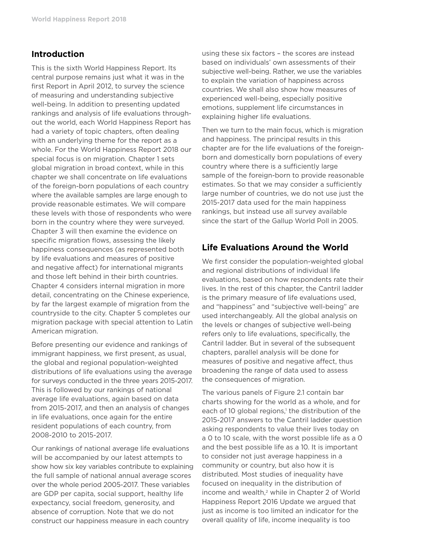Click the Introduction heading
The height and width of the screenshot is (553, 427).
pyautogui.click(x=58, y=54)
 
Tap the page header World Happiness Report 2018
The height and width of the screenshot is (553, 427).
pyautogui.click(x=79, y=19)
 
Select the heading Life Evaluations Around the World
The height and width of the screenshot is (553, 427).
pyautogui.click(x=275, y=248)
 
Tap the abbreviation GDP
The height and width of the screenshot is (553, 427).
pyautogui.click(x=50, y=494)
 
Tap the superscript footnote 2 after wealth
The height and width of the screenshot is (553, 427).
pyautogui.click(x=267, y=491)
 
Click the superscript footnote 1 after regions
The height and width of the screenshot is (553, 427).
pyautogui.click(x=286, y=410)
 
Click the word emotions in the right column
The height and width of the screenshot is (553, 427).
pyautogui.click(x=216, y=108)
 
